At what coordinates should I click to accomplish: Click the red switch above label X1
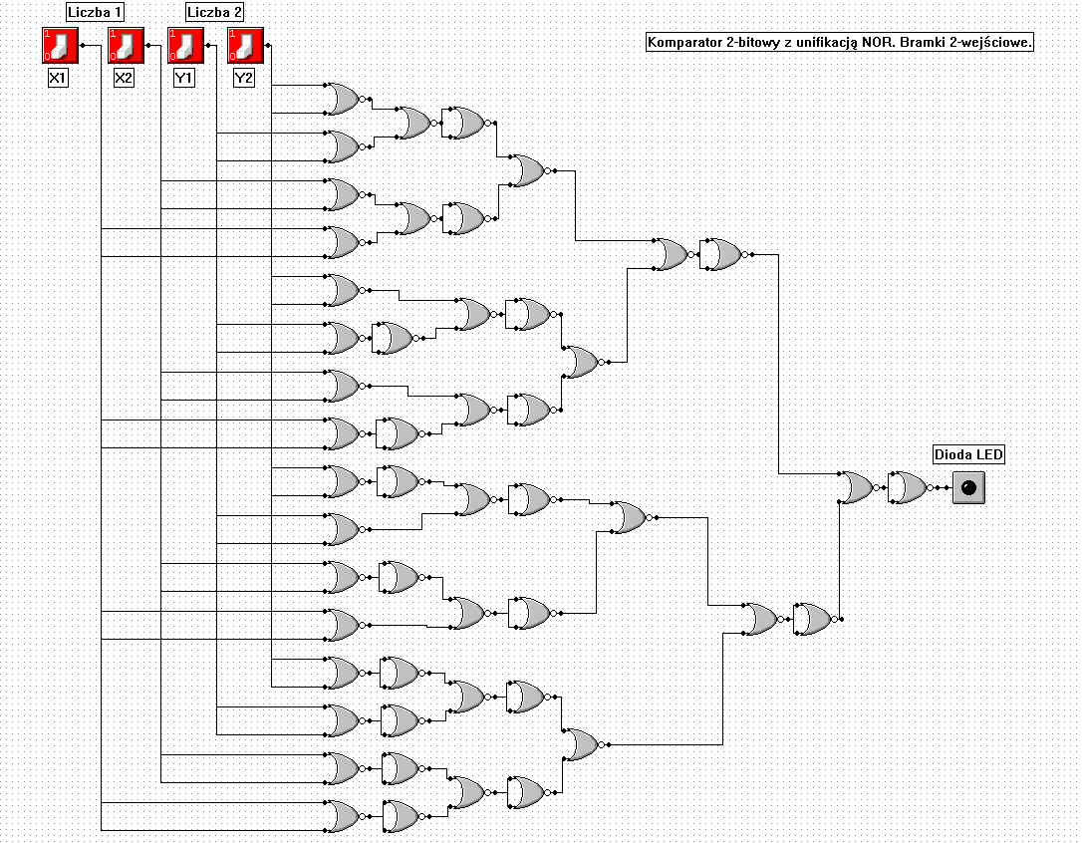tap(60, 46)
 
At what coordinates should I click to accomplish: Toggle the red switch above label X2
tap(126, 46)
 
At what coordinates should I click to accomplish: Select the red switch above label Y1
tap(185, 46)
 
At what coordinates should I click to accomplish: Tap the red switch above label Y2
tap(246, 46)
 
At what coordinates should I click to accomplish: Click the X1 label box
tap(58, 78)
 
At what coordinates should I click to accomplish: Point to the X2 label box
tap(124, 78)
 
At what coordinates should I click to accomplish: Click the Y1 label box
tap(183, 78)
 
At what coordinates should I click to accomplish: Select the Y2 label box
tap(243, 78)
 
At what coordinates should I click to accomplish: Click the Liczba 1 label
tap(96, 12)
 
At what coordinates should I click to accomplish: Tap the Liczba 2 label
tap(214, 12)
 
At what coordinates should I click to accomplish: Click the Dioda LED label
tap(968, 454)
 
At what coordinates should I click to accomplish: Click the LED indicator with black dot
tap(968, 488)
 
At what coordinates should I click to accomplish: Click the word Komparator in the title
tap(683, 43)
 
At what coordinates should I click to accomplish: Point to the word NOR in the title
tap(878, 42)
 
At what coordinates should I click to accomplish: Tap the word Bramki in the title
tap(923, 42)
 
